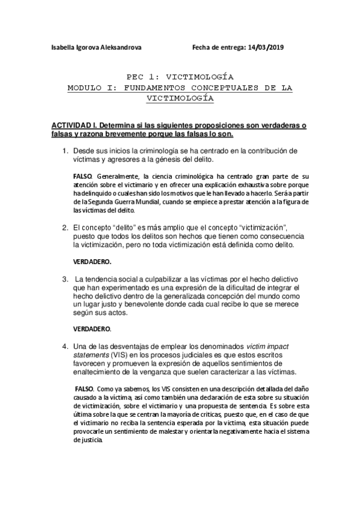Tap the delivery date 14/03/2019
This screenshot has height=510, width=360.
[265, 48]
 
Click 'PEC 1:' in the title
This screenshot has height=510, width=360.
[144, 78]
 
